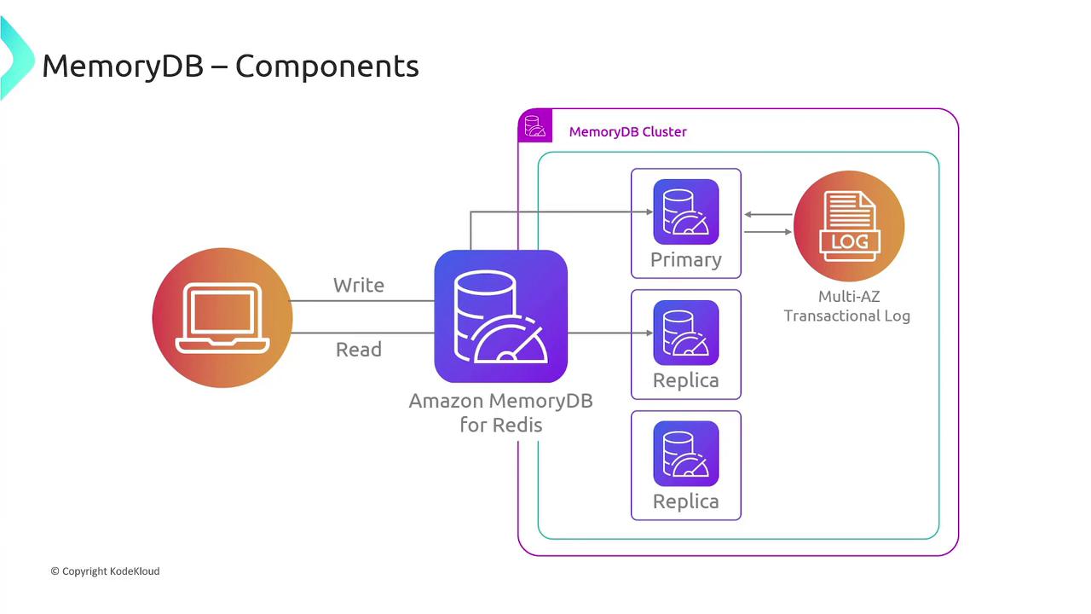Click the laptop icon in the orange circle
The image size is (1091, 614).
click(222, 318)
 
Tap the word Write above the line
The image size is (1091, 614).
click(359, 285)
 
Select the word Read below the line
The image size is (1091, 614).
click(359, 350)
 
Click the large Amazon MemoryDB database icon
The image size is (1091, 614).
click(501, 316)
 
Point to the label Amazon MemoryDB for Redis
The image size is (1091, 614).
click(501, 412)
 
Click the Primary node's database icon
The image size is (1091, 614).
click(686, 212)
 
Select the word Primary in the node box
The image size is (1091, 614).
click(686, 259)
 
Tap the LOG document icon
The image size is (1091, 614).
click(849, 225)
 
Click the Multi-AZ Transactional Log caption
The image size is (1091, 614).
click(847, 306)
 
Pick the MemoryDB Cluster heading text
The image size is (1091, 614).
click(627, 131)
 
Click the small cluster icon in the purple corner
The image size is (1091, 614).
click(535, 126)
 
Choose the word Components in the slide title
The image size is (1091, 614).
click(327, 66)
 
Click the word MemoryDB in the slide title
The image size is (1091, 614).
click(123, 66)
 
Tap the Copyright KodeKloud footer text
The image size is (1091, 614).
click(105, 571)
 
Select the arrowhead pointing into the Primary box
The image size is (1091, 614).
click(626, 213)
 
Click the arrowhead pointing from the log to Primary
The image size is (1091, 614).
click(748, 215)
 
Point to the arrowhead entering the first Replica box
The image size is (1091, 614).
click(626, 333)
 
